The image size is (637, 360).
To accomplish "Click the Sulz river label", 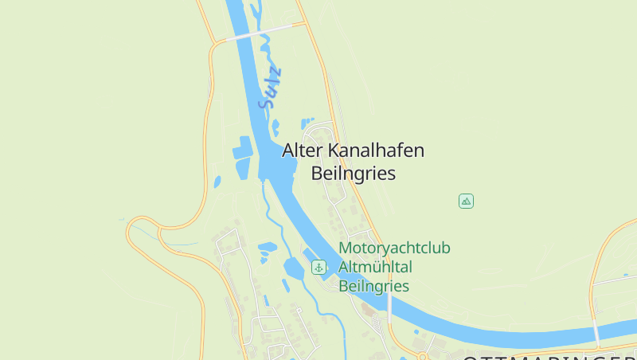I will [271, 88].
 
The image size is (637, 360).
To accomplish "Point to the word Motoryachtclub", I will [394, 248].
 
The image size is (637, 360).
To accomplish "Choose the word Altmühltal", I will [375, 267].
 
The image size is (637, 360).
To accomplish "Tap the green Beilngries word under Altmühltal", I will [373, 286].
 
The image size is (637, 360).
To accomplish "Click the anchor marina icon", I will [318, 267].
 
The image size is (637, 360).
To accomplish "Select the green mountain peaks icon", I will [467, 201].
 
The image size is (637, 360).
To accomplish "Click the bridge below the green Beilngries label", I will [389, 307].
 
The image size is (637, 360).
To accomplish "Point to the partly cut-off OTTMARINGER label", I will [549, 356].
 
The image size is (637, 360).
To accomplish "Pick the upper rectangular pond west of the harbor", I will [241, 147].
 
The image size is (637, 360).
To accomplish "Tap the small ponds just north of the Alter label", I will [306, 123].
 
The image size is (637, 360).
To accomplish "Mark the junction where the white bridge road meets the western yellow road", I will [213, 43].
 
